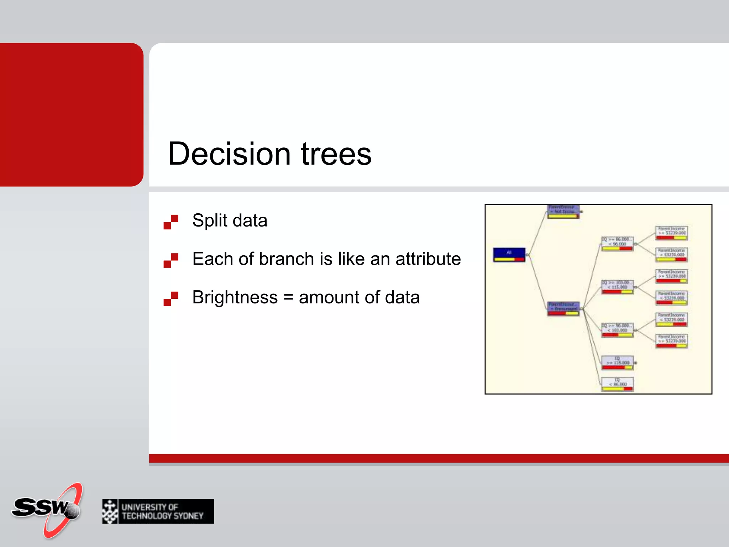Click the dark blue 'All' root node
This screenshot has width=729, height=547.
(x=509, y=254)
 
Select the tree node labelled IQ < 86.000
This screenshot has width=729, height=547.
(x=617, y=384)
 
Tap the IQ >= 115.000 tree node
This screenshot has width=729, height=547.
(x=617, y=363)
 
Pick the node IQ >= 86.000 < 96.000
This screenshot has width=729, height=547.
(x=617, y=244)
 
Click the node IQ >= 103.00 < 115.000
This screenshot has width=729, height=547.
(x=617, y=287)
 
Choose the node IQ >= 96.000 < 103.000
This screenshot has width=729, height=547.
(x=617, y=330)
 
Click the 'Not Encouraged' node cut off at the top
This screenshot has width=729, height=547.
(x=563, y=212)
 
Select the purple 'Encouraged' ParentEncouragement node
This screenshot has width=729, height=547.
(x=563, y=308)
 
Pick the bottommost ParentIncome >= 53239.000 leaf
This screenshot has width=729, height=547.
(x=671, y=341)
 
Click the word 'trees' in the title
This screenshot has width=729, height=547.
(x=336, y=154)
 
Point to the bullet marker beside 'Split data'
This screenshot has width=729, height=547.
(x=171, y=222)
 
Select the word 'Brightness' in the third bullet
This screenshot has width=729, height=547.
(x=235, y=297)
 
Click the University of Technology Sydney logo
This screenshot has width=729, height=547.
(x=158, y=511)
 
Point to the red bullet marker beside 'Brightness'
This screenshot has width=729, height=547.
(x=171, y=298)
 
